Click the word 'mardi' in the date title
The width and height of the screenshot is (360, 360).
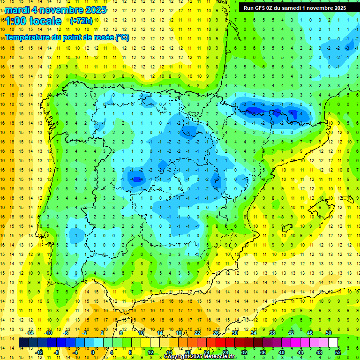18,10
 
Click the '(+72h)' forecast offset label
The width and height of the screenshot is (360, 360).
81,21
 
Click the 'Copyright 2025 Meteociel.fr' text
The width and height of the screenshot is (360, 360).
200,357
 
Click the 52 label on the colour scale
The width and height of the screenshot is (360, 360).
338,352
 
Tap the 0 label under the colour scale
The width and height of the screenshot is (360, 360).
92,352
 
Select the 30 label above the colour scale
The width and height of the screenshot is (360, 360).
234,333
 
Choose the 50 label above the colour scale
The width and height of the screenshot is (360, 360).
328,333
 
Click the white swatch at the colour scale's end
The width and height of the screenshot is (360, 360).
333,343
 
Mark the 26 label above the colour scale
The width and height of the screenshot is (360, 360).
216,333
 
